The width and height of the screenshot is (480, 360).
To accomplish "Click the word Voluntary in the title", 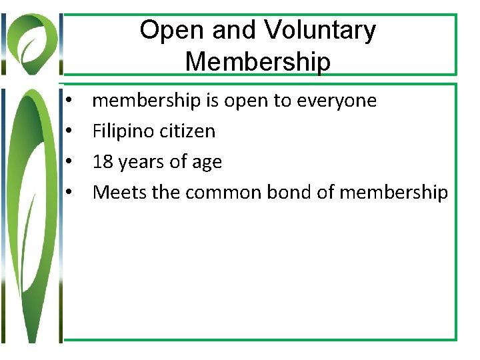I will (x=320, y=31).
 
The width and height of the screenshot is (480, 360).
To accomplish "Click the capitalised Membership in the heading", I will (x=257, y=61).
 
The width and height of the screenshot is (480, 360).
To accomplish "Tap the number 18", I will (x=103, y=162).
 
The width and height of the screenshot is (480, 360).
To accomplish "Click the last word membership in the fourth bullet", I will (x=393, y=193).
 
